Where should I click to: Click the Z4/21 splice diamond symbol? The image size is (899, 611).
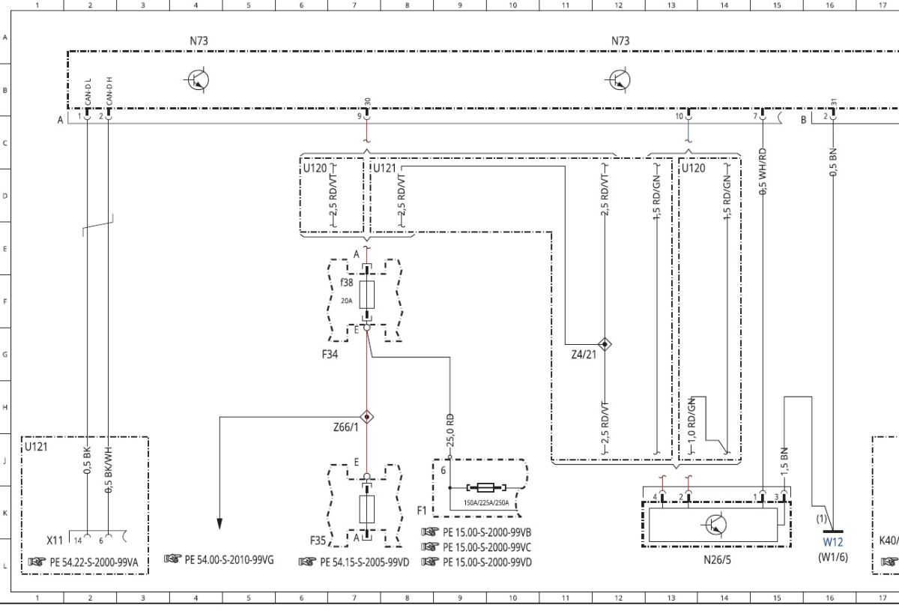[x=605, y=344]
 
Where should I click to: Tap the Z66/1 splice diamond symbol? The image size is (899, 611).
[x=366, y=417]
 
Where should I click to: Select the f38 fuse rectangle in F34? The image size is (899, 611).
[x=367, y=295]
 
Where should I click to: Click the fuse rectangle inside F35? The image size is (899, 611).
[x=367, y=509]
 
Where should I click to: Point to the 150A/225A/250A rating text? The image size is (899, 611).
[x=486, y=503]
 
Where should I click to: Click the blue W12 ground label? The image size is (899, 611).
[x=833, y=542]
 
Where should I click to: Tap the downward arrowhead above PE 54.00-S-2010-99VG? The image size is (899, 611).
[x=220, y=524]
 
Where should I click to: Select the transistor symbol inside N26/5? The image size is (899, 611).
[x=715, y=525]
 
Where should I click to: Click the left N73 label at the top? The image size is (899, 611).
[x=199, y=41]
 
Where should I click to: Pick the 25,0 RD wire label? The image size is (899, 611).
[x=450, y=430]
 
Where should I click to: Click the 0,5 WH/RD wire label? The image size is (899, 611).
[x=763, y=172]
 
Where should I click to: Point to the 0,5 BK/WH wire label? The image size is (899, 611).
[x=109, y=470]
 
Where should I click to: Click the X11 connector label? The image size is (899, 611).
[x=55, y=541]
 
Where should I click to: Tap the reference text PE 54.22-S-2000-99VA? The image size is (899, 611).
[x=94, y=562]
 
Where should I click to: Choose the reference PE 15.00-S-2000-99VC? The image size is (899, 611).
[x=487, y=547]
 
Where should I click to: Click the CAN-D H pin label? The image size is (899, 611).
[x=109, y=91]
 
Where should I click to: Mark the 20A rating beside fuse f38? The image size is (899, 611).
[x=346, y=301]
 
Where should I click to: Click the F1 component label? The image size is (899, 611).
[x=422, y=511]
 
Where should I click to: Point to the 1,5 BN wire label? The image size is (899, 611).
[x=784, y=462]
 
